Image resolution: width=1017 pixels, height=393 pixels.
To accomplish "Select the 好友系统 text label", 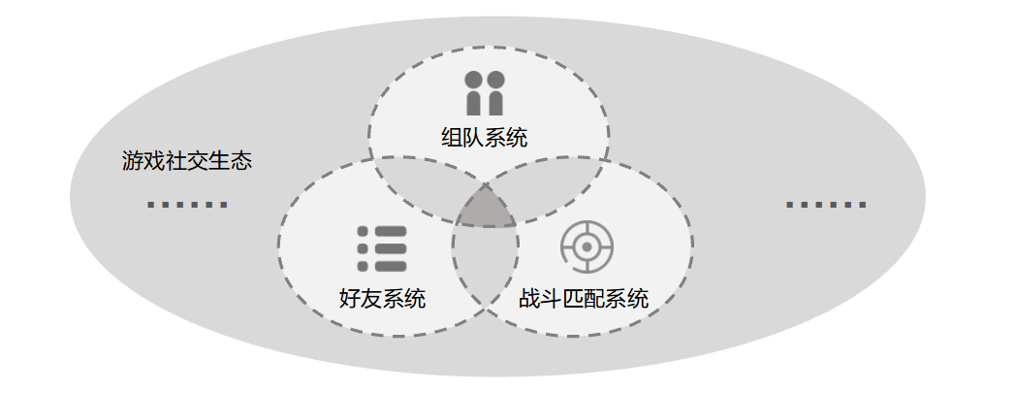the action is tap(382, 299).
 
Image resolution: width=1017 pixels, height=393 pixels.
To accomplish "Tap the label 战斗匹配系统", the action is tap(583, 299).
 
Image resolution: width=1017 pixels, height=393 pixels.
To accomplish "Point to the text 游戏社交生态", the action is tap(187, 161).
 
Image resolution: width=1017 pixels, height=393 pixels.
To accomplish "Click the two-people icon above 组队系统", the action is tap(484, 92).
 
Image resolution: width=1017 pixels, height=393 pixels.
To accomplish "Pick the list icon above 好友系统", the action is tap(382, 249).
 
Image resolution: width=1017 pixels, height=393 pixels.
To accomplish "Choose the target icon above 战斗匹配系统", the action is tap(587, 248).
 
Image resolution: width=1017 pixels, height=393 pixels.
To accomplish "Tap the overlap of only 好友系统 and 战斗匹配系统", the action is tap(485, 262).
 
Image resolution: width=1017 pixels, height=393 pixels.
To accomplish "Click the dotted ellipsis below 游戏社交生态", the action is tap(187, 205).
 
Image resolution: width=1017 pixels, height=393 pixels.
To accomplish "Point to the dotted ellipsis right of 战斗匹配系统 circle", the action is tap(826, 205).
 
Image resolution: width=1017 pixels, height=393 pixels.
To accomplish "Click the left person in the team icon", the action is tap(474, 92).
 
